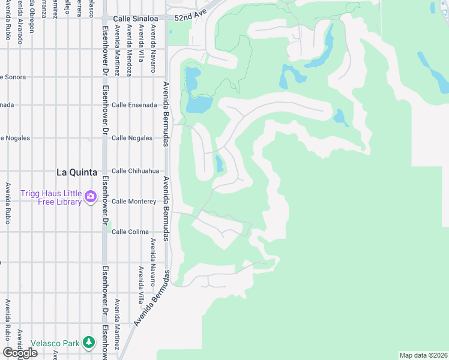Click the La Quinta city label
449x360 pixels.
(76, 172)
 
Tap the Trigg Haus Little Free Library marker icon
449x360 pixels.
(91, 196)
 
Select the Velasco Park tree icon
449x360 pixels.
(89, 342)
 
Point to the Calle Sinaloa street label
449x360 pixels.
(135, 18)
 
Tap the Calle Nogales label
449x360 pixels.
(132, 138)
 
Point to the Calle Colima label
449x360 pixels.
(130, 232)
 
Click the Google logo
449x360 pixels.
(20, 352)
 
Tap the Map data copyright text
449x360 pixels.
(423, 355)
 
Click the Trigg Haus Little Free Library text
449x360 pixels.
(51, 197)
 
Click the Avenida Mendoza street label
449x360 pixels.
(129, 50)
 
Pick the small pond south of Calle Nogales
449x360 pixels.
(219, 163)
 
